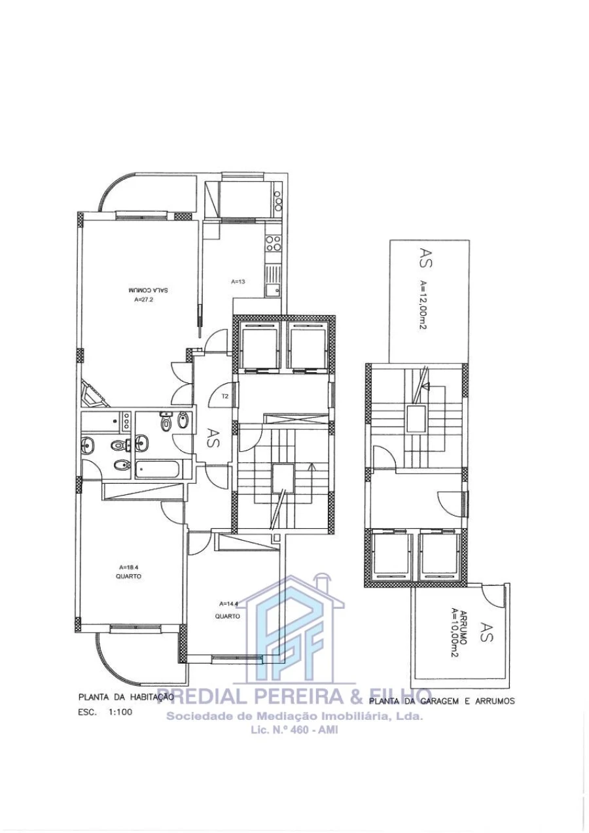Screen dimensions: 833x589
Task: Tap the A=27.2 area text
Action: point(143,301)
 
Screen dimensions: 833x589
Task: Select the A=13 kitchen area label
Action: point(238,282)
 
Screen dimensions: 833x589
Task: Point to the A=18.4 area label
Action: point(128,567)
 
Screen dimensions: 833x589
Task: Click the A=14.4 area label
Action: point(228,603)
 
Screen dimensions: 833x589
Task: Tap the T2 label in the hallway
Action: point(224,396)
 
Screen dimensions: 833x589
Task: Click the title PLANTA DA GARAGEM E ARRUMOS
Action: point(442,700)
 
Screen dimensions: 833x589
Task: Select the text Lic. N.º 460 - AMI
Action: point(294,730)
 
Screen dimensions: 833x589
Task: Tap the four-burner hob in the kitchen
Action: point(273,244)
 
